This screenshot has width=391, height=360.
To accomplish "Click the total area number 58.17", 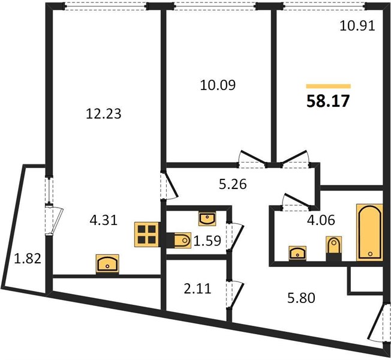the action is point(328,101).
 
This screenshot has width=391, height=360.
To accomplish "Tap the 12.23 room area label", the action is point(104,114).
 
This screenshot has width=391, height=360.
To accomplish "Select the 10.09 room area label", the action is point(218,85).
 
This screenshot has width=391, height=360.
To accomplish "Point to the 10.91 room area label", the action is point(357,26).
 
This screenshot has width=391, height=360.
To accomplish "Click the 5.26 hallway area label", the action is point(233,184).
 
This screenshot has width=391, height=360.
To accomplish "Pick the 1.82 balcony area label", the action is point(28,258).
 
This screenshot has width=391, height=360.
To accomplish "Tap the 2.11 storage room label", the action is point(197,289).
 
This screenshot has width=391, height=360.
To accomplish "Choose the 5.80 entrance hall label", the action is point(301,298).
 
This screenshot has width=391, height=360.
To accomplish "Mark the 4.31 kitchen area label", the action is point(104,221).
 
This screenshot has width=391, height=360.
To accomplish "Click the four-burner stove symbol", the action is point(147,235).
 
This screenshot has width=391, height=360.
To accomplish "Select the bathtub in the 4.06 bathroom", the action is point(369,232).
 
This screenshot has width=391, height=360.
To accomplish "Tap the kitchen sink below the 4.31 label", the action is point(107,263).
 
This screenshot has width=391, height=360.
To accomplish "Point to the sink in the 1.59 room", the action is point(207,218).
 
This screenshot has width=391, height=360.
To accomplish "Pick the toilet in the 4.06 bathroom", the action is point(334,249).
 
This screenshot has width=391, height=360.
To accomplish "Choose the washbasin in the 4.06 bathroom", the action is point(297,253).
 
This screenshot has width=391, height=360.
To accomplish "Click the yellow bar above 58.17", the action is point(329,86).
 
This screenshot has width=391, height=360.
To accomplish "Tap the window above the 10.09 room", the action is point(215,6).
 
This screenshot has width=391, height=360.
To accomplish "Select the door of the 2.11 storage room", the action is point(235,295).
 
